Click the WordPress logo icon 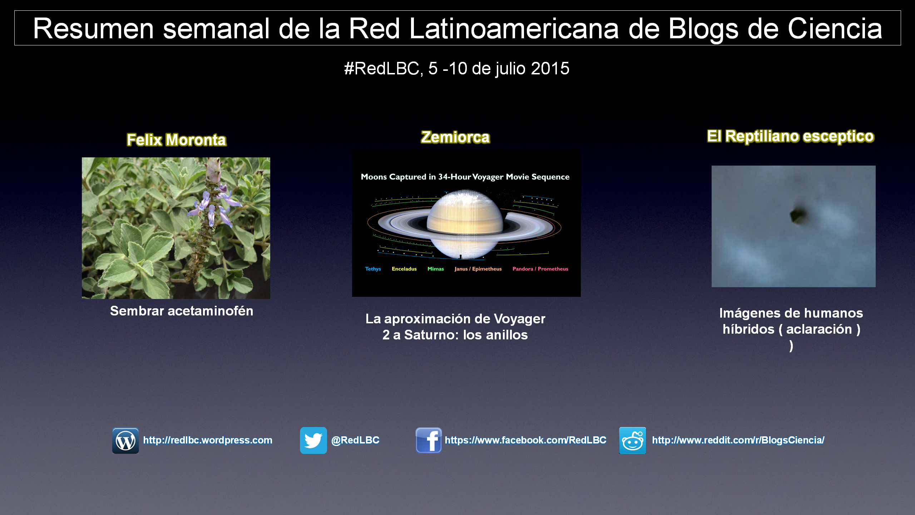pos(125,440)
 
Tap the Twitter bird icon pos(313,440)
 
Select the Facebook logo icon pos(429,440)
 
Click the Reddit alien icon pos(633,440)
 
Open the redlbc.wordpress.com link pos(208,440)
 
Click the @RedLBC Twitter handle pos(355,440)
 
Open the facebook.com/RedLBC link pos(525,440)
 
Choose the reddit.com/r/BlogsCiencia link pos(738,440)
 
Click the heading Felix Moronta pos(177,140)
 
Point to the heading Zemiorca pos(455,137)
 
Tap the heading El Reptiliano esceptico pos(791,137)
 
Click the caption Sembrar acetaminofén pos(182,311)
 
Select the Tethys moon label pos(373,269)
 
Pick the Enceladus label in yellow pos(404,269)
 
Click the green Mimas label pos(436,269)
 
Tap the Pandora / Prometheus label pos(540,269)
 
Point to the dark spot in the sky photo pos(798,215)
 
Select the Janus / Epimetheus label pos(478,269)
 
